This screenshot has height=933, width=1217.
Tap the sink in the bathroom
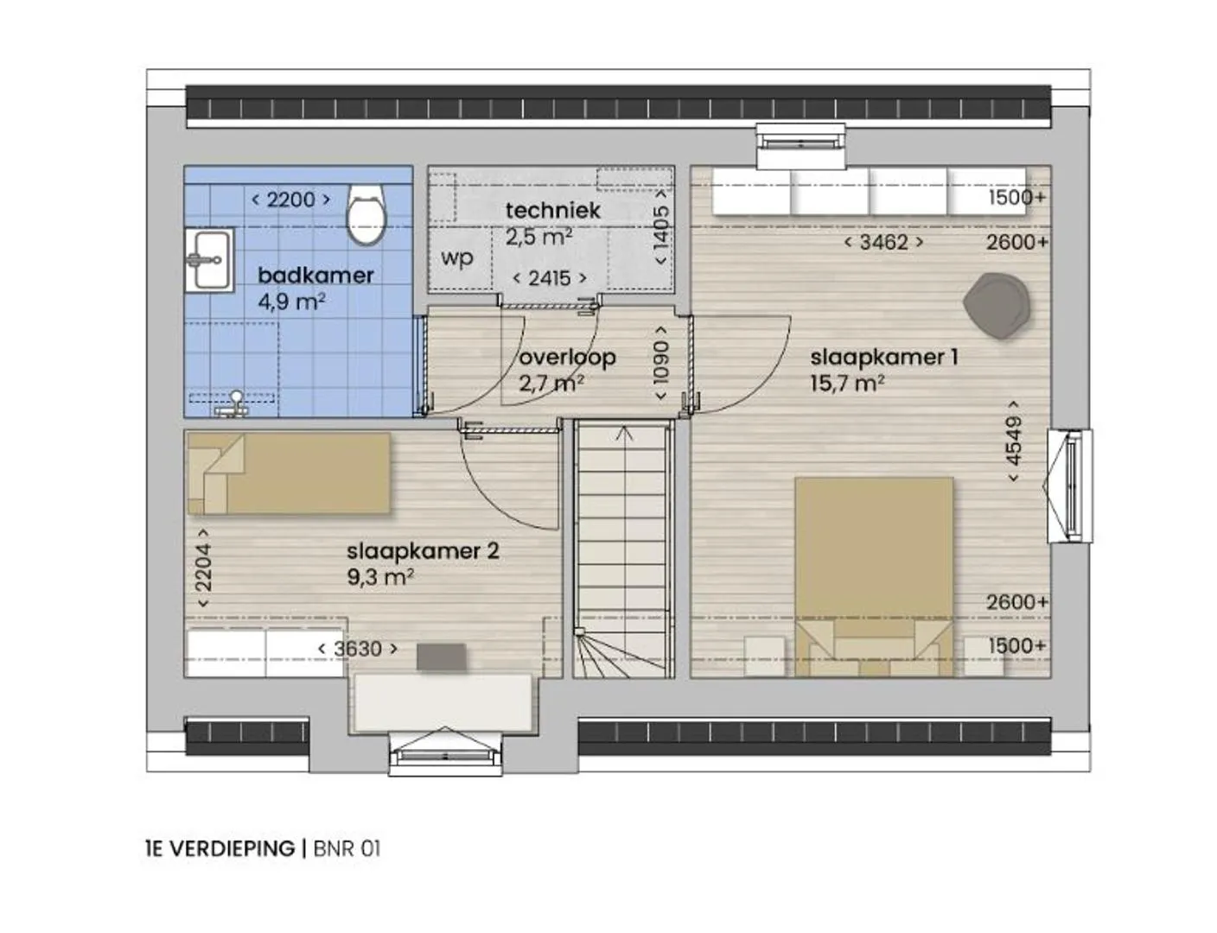[209, 260]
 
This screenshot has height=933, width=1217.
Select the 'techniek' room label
[553, 211]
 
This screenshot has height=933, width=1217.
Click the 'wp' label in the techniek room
[457, 258]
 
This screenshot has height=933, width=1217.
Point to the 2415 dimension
[550, 278]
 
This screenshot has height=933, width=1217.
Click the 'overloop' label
[567, 357]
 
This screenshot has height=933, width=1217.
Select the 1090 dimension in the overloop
[661, 363]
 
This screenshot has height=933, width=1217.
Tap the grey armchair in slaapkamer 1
[997, 305]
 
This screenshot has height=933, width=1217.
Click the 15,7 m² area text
[847, 384]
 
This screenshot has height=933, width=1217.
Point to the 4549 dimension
[1014, 441]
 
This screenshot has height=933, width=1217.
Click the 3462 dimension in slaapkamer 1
[883, 243]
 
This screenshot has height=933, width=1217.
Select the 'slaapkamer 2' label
[423, 551]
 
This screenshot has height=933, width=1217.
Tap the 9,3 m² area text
[380, 577]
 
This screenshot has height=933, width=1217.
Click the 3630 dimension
[358, 649]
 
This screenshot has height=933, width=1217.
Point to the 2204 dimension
[203, 568]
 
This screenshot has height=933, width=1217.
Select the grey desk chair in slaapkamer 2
[442, 657]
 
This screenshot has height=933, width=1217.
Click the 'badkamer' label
[315, 276]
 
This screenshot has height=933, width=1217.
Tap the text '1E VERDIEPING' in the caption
[220, 849]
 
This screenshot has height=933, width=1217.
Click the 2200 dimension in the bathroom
[290, 200]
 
